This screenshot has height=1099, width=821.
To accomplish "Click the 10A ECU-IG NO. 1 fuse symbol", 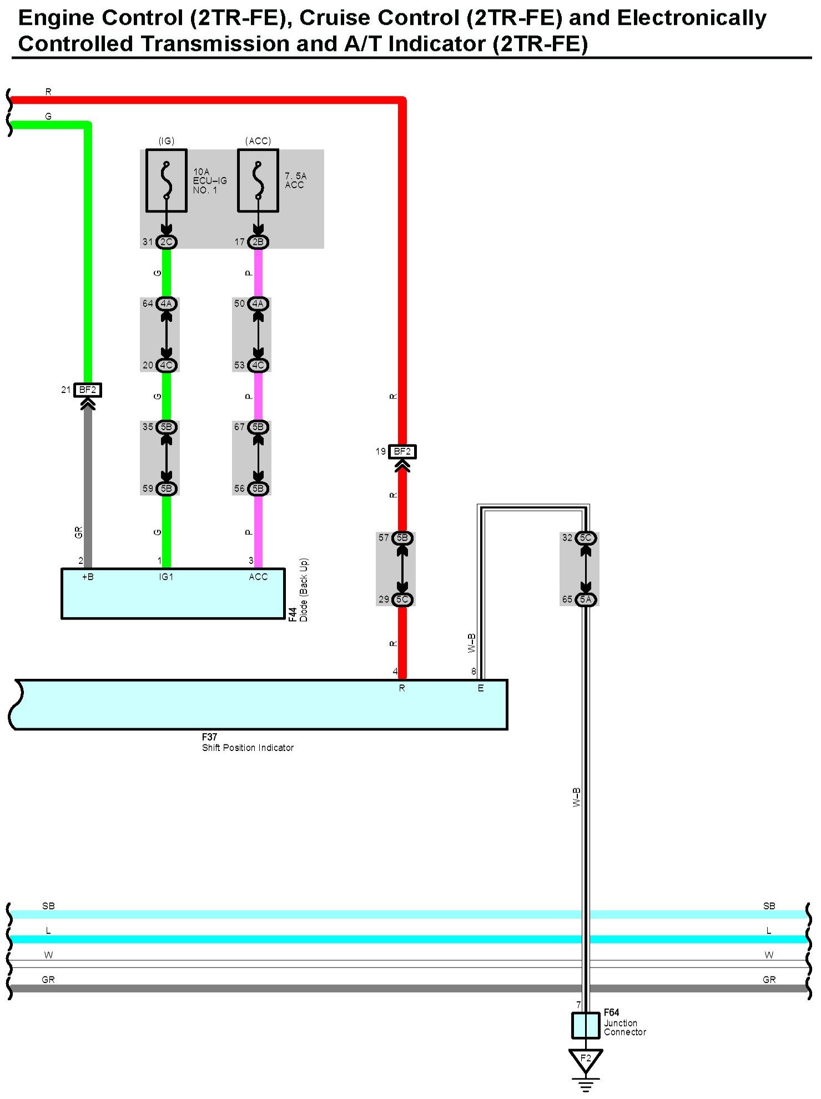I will pyautogui.click(x=166, y=180).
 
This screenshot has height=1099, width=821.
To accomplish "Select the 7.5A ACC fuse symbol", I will pyautogui.click(x=258, y=180).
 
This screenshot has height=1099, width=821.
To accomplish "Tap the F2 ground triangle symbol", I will pyautogui.click(x=586, y=1060).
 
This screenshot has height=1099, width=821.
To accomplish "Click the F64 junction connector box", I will pyautogui.click(x=586, y=1025).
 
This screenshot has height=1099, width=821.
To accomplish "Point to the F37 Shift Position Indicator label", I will pyautogui.click(x=247, y=743).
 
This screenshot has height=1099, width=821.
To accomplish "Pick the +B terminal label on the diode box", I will pyautogui.click(x=88, y=577).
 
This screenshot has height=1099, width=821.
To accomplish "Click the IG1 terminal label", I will pyautogui.click(x=166, y=577).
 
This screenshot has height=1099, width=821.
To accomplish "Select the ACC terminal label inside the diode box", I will pyautogui.click(x=258, y=577).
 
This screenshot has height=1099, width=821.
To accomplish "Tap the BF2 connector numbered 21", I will pyautogui.click(x=88, y=390).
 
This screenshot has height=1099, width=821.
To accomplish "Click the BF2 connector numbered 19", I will pyautogui.click(x=402, y=452).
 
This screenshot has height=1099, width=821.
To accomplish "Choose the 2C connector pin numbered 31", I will pyautogui.click(x=166, y=242).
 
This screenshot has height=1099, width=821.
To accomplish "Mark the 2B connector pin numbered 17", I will pyautogui.click(x=258, y=242).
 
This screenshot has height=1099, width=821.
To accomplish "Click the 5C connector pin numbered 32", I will pyautogui.click(x=586, y=538).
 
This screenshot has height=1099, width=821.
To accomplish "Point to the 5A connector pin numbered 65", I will pyautogui.click(x=586, y=599).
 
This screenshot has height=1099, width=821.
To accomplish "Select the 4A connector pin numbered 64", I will pyautogui.click(x=166, y=304).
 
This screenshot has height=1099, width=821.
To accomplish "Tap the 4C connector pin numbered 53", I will pyautogui.click(x=258, y=365).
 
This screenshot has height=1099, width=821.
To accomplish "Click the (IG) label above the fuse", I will pyautogui.click(x=166, y=141).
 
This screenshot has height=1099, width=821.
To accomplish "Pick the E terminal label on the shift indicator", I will pyautogui.click(x=481, y=688).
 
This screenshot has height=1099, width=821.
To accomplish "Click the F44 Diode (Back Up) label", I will pyautogui.click(x=298, y=590).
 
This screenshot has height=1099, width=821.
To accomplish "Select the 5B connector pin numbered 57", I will pyautogui.click(x=402, y=538).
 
